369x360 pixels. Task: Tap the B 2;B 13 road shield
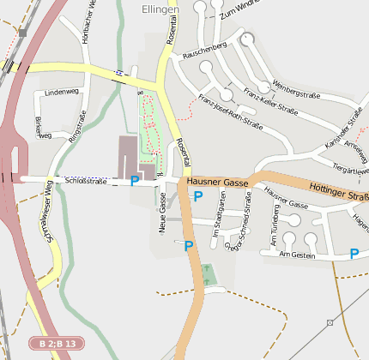tap(57, 344)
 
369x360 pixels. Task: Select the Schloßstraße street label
tap(85, 182)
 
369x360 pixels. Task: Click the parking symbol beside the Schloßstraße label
tap(134, 181)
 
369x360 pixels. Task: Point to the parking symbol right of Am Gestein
tap(354, 254)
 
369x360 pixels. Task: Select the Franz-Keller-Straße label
tap(270, 101)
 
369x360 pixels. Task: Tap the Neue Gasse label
tap(162, 213)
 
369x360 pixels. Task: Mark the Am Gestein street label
tap(298, 255)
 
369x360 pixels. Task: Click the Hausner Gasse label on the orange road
tap(217, 183)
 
